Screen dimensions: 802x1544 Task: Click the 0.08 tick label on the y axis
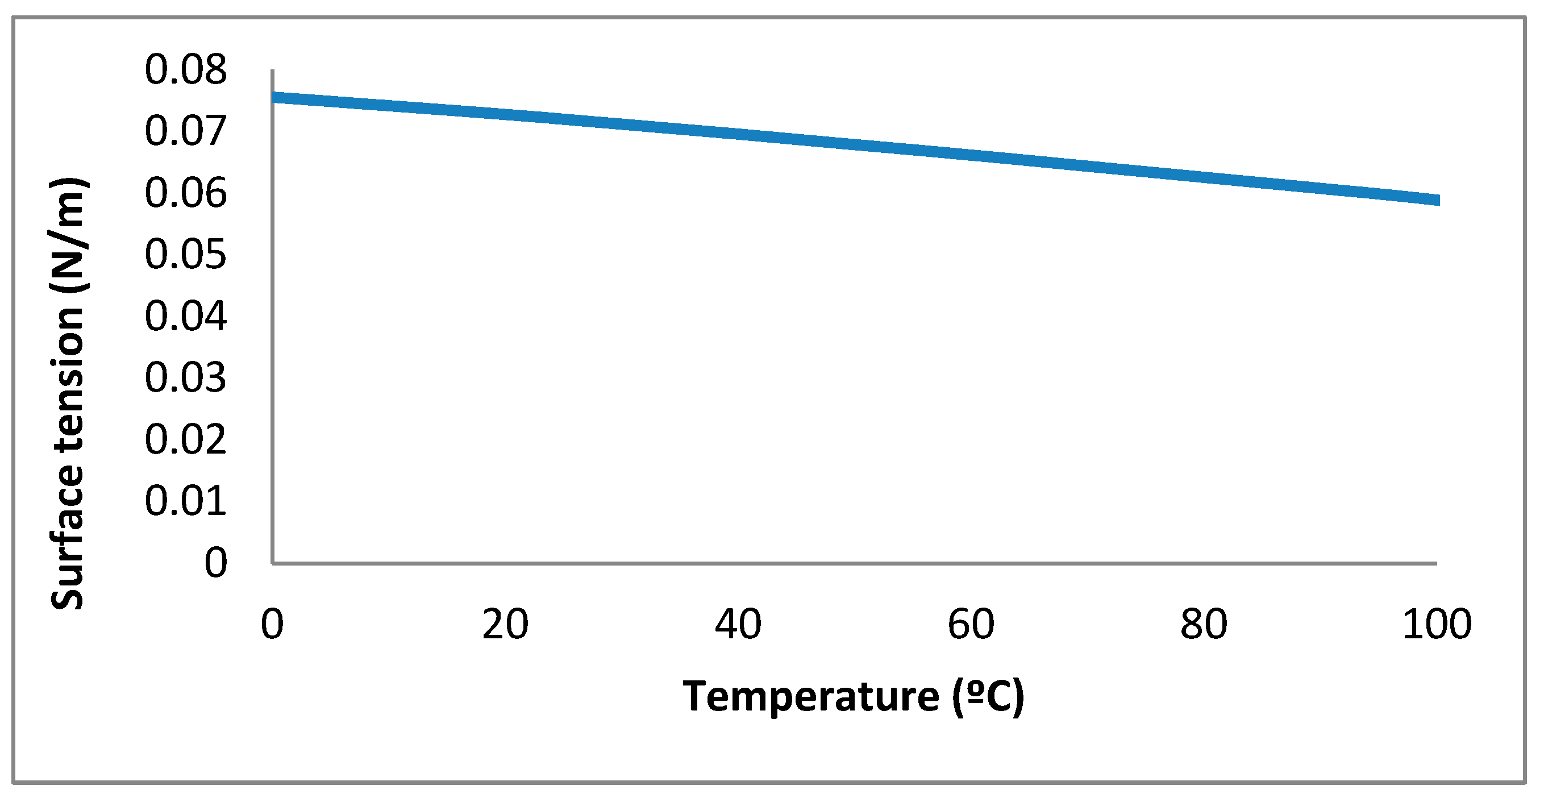click(186, 69)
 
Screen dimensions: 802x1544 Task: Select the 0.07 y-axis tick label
click(186, 131)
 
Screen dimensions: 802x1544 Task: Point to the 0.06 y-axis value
click(186, 193)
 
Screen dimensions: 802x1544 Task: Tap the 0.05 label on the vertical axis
click(186, 254)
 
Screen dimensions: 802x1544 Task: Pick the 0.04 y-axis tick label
click(186, 316)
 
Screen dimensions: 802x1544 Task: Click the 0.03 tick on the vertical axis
click(186, 377)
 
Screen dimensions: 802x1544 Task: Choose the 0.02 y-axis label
click(186, 439)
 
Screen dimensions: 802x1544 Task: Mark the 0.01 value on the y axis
click(186, 501)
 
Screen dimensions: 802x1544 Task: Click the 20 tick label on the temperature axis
click(505, 625)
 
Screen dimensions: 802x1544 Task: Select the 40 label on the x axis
click(738, 625)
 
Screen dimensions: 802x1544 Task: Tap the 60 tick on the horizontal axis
click(971, 625)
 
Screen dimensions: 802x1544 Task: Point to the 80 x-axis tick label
click(1204, 625)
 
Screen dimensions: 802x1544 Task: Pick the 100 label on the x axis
click(1437, 625)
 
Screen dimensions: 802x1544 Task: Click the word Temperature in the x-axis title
click(811, 697)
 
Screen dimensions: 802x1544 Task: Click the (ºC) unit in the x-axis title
click(988, 697)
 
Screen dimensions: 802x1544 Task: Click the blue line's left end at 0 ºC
click(274, 97)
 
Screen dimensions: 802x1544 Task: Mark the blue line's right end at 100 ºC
click(1437, 200)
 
